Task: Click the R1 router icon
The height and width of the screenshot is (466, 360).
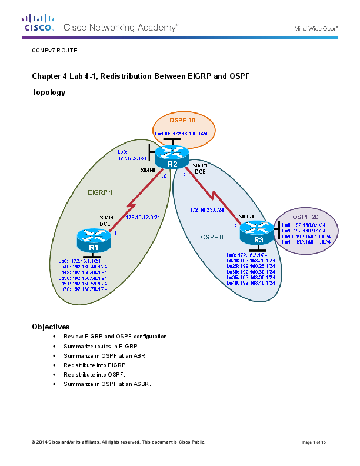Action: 93,241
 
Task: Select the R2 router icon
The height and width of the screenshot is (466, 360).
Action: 172,157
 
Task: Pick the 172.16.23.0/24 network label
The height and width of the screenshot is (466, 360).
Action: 206,209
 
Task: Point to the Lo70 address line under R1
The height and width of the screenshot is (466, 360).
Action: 82,289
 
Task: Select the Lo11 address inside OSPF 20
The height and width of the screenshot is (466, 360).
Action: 306,242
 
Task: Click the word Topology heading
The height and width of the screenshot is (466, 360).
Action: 48,92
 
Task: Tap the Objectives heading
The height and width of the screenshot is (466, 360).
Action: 51,326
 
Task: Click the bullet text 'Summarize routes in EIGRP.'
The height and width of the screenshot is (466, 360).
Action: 101,346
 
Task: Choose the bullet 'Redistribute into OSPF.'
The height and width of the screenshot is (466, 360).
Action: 94,374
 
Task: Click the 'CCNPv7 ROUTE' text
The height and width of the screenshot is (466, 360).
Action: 54,51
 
